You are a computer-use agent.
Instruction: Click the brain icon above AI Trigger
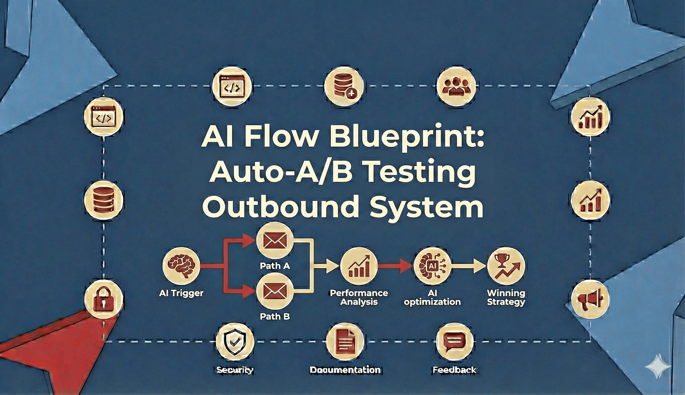click(181, 266)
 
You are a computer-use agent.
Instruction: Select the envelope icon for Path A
click(275, 241)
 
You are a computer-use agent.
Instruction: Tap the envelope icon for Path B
click(275, 291)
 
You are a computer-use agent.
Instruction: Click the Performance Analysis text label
click(359, 297)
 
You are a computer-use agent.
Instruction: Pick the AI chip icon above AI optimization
click(432, 266)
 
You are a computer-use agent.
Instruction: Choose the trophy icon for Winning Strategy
click(506, 266)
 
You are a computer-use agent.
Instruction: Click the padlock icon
click(103, 300)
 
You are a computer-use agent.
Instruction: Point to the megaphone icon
click(590, 300)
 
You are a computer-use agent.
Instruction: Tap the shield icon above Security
click(235, 342)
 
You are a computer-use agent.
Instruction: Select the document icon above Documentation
click(345, 342)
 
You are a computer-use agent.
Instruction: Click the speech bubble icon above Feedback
click(455, 342)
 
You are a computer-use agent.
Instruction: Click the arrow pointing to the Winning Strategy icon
click(469, 266)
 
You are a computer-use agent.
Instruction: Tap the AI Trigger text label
click(181, 293)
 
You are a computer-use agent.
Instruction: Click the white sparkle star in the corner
click(658, 366)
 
